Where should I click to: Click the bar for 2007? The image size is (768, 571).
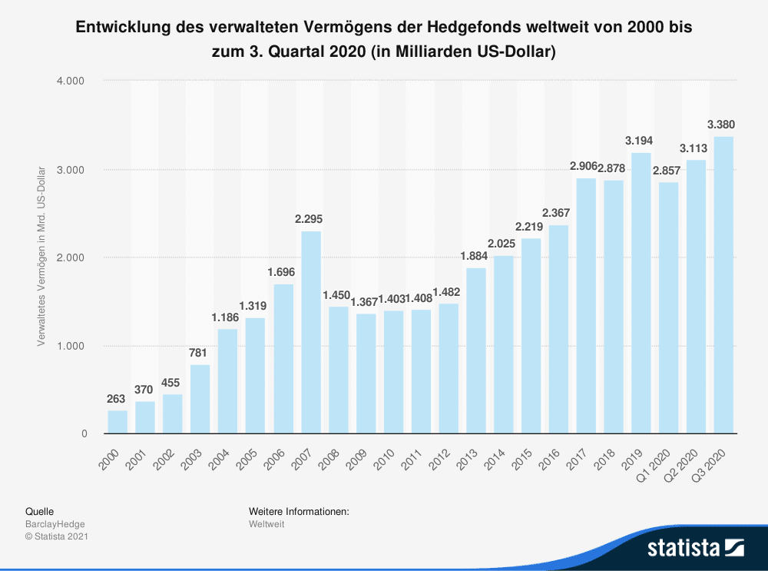click(x=311, y=332)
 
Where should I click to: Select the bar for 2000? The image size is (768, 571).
click(x=118, y=422)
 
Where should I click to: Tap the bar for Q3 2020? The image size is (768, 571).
click(x=723, y=285)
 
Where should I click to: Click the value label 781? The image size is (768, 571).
click(x=200, y=352)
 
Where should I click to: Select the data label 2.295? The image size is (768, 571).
click(x=311, y=219)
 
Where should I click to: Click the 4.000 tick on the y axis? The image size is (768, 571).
click(x=71, y=81)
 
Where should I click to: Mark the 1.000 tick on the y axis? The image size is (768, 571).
click(x=71, y=346)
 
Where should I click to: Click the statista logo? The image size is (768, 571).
click(x=696, y=548)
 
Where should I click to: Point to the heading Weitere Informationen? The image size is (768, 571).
click(x=300, y=511)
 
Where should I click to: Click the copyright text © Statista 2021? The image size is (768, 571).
click(x=57, y=536)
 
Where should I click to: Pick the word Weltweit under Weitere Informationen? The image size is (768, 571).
click(x=266, y=524)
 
